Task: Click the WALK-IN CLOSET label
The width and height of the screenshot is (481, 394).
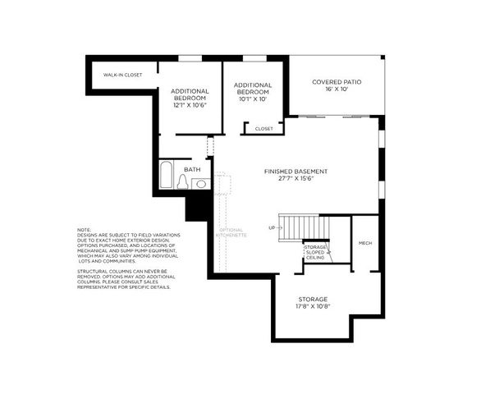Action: click(122, 76)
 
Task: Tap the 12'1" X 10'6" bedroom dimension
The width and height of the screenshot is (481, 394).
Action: click(190, 105)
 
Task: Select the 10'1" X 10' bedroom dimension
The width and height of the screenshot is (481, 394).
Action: click(252, 98)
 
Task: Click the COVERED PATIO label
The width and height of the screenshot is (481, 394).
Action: click(337, 82)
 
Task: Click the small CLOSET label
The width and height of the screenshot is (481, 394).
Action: click(263, 129)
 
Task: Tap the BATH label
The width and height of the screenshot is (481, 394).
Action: click(192, 170)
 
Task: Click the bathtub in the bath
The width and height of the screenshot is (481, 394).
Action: click(165, 175)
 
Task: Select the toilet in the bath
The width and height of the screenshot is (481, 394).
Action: click(182, 182)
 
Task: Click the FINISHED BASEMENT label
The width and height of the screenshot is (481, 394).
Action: click(295, 171)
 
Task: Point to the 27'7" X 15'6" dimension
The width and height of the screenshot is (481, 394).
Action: click(295, 179)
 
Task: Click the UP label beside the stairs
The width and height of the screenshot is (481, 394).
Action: click(272, 227)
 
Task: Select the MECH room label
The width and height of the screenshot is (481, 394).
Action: click(365, 243)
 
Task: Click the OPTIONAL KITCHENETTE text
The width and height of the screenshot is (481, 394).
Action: click(230, 232)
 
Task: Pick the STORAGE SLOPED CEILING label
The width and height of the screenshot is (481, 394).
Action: click(315, 252)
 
